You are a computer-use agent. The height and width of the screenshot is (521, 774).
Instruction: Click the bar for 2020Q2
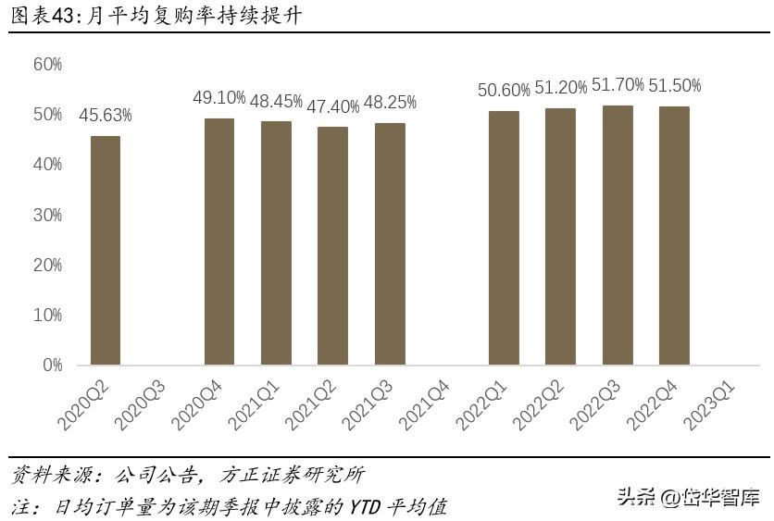[x=105, y=250]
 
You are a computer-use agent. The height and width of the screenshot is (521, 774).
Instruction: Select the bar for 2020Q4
[x=219, y=242]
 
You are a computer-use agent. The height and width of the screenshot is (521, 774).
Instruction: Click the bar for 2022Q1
[x=504, y=238]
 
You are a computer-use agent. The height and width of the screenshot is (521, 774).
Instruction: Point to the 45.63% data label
[x=105, y=116]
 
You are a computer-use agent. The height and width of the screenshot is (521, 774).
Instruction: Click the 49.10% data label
[x=219, y=98]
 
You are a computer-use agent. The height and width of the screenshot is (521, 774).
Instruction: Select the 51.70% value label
[x=618, y=85]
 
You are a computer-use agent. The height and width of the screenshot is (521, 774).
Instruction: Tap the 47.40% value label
[x=332, y=106]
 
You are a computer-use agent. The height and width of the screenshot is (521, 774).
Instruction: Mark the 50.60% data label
[x=504, y=90]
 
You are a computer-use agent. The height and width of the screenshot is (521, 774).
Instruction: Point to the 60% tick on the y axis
[x=47, y=64]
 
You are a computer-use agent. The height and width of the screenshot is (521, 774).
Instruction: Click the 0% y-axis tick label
[x=52, y=366]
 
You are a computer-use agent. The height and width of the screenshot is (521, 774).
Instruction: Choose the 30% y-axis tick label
[x=47, y=215]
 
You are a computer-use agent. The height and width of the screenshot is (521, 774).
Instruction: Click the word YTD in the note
[x=369, y=507]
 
